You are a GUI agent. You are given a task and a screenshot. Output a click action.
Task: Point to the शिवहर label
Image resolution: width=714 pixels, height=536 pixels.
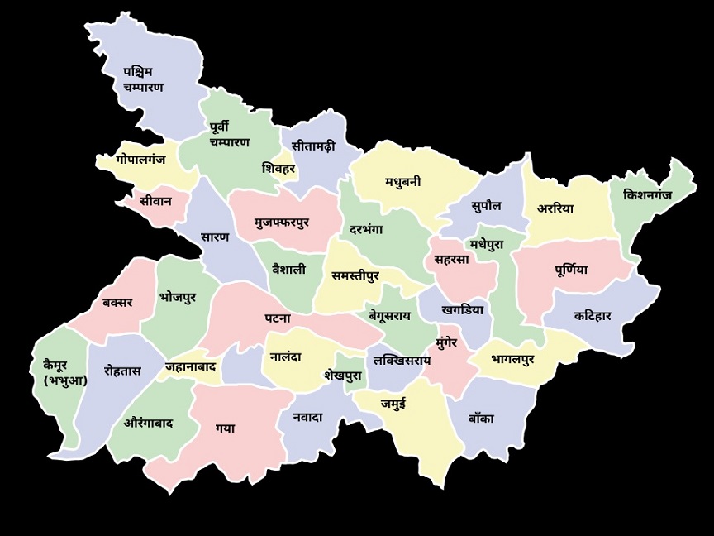(278, 168)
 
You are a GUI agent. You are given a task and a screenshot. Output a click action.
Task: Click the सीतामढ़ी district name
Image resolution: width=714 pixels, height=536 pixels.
(313, 146)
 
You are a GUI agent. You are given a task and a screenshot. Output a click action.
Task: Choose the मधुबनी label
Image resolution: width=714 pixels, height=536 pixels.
(402, 182)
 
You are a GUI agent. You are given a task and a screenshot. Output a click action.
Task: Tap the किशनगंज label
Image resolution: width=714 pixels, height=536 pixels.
(648, 195)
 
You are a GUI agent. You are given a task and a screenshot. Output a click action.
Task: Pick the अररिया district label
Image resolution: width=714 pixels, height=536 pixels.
(555, 208)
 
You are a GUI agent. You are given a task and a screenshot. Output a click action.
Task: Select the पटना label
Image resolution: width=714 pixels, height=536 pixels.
(278, 318)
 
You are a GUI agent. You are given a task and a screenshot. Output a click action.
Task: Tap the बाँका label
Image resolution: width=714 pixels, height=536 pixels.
(480, 419)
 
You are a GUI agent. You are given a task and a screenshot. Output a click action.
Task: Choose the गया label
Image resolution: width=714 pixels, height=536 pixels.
(225, 428)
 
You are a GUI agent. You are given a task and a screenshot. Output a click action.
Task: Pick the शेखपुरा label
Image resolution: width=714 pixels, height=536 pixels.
(343, 375)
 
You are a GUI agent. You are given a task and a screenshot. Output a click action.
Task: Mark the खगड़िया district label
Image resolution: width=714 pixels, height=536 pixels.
(462, 310)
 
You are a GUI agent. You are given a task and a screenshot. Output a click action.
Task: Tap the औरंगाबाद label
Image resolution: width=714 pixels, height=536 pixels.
(148, 423)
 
